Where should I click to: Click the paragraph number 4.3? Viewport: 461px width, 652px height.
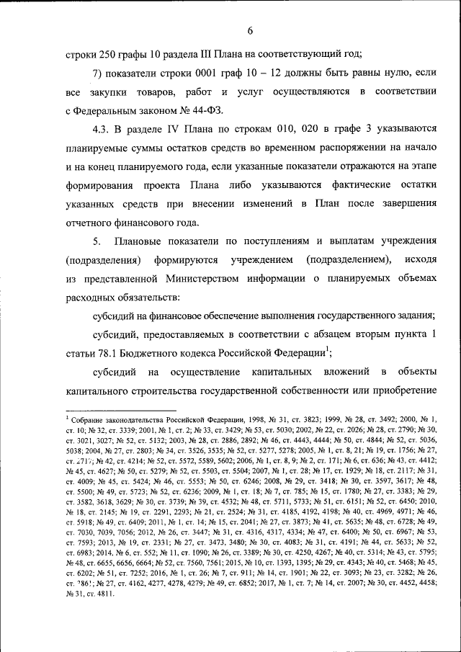[x=103, y=130]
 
